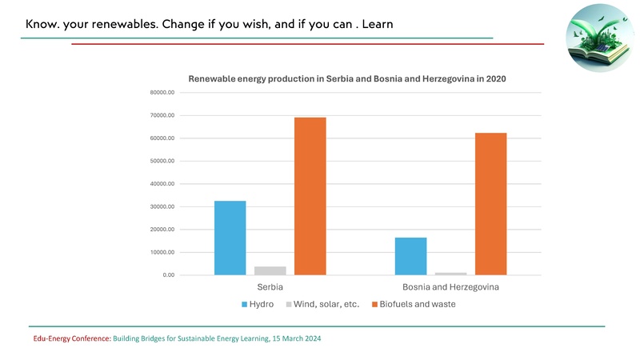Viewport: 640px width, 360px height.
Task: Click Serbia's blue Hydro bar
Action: coord(230,238)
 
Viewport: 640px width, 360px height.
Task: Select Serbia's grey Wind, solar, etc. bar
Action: coord(270,270)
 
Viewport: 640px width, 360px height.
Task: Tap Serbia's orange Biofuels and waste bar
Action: coord(310,196)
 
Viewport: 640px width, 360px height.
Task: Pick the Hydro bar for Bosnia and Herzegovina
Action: coord(410,256)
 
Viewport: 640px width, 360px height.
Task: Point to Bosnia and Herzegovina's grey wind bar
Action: coord(451,274)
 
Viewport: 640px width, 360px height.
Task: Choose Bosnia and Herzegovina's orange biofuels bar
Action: coord(491,204)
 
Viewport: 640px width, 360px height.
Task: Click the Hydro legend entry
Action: coord(257,305)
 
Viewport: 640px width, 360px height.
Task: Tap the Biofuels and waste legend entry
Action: coord(411,305)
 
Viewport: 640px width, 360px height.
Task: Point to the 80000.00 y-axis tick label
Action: coord(162,93)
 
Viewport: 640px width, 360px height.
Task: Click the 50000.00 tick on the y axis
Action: coord(162,162)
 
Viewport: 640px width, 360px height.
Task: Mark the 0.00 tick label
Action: coord(167,275)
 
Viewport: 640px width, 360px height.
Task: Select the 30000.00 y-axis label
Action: coord(162,207)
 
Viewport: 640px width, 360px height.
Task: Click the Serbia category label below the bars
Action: coord(270,286)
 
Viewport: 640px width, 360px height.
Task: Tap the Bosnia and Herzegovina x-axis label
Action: coord(451,286)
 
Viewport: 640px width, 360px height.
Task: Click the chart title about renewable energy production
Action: coord(347,79)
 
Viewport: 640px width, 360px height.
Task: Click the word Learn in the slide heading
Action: coord(378,24)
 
